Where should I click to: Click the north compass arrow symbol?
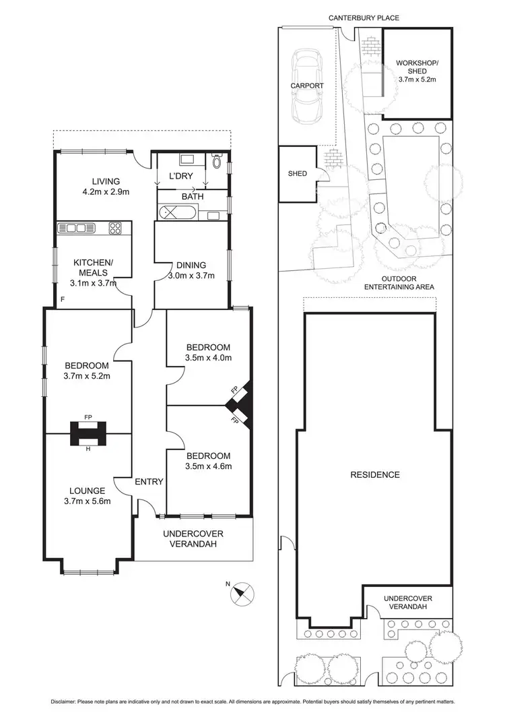pos(240,593)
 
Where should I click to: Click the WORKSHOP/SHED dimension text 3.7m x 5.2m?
pos(417,79)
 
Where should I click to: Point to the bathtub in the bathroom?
pos(178,215)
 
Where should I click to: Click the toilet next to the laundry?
pos(216,162)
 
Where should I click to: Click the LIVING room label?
pos(106,181)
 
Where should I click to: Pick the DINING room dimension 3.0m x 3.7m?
pos(191,276)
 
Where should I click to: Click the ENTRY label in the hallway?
pos(149,481)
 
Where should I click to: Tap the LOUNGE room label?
pos(87,491)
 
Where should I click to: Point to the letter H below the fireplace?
pos(88,449)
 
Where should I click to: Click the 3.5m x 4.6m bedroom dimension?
pos(209,466)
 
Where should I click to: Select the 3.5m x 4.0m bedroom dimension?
pos(209,357)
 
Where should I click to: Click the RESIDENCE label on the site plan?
pos(375,474)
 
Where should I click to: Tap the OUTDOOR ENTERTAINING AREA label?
pos(399,282)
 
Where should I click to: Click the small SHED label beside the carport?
pos(297,174)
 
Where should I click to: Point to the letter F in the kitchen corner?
pos(62,298)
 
